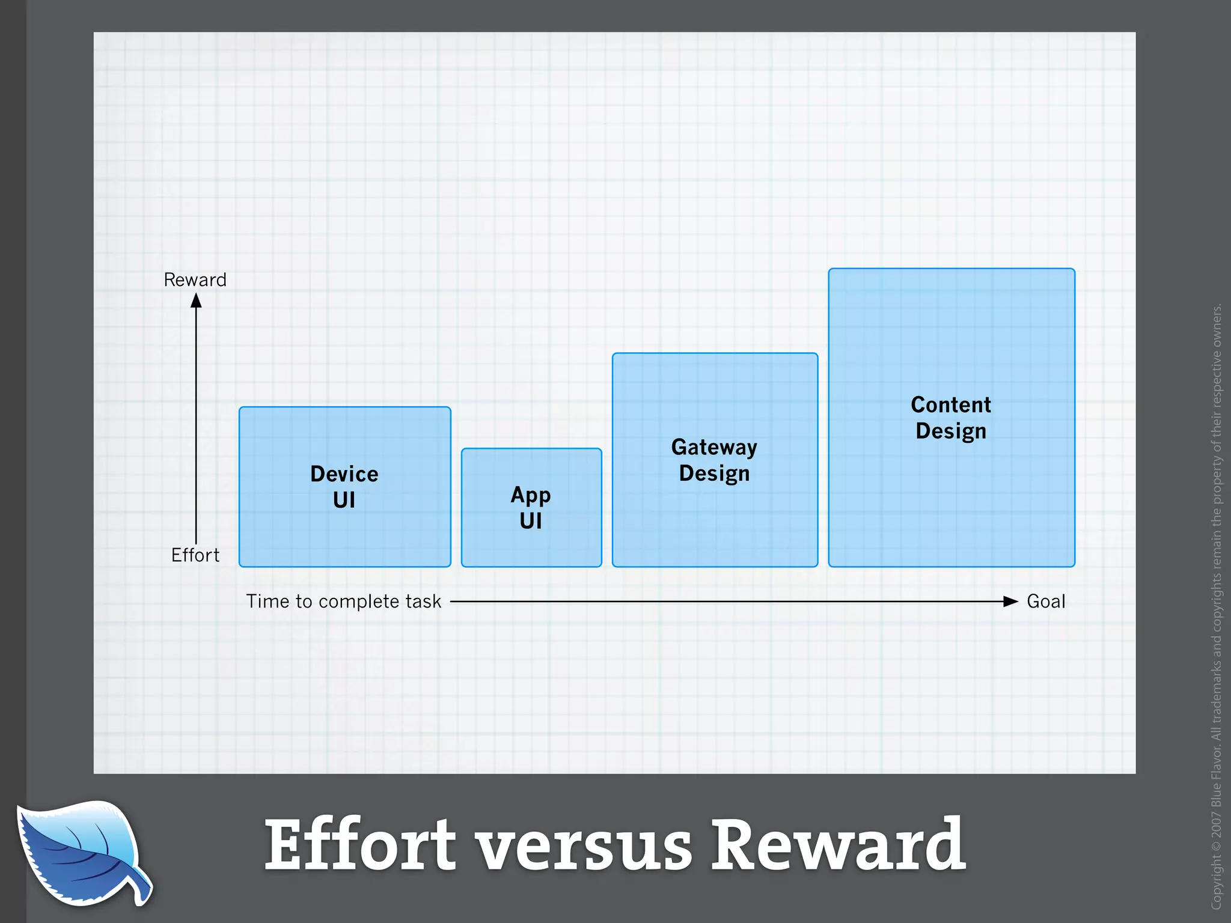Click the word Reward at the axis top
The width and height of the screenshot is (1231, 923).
click(x=195, y=279)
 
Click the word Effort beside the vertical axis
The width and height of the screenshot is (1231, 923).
click(x=195, y=555)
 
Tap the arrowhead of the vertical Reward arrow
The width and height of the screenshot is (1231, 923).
click(x=196, y=300)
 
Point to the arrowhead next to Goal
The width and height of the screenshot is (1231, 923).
click(x=1010, y=602)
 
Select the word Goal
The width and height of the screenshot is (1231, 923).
click(x=1046, y=602)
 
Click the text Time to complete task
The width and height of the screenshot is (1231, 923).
click(x=343, y=602)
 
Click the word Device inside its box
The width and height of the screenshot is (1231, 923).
click(x=344, y=474)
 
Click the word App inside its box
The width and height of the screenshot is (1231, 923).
click(x=531, y=495)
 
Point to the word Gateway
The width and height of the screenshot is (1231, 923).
click(x=714, y=447)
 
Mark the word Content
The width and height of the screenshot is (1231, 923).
click(x=951, y=405)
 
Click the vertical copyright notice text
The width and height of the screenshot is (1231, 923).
click(x=1217, y=607)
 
